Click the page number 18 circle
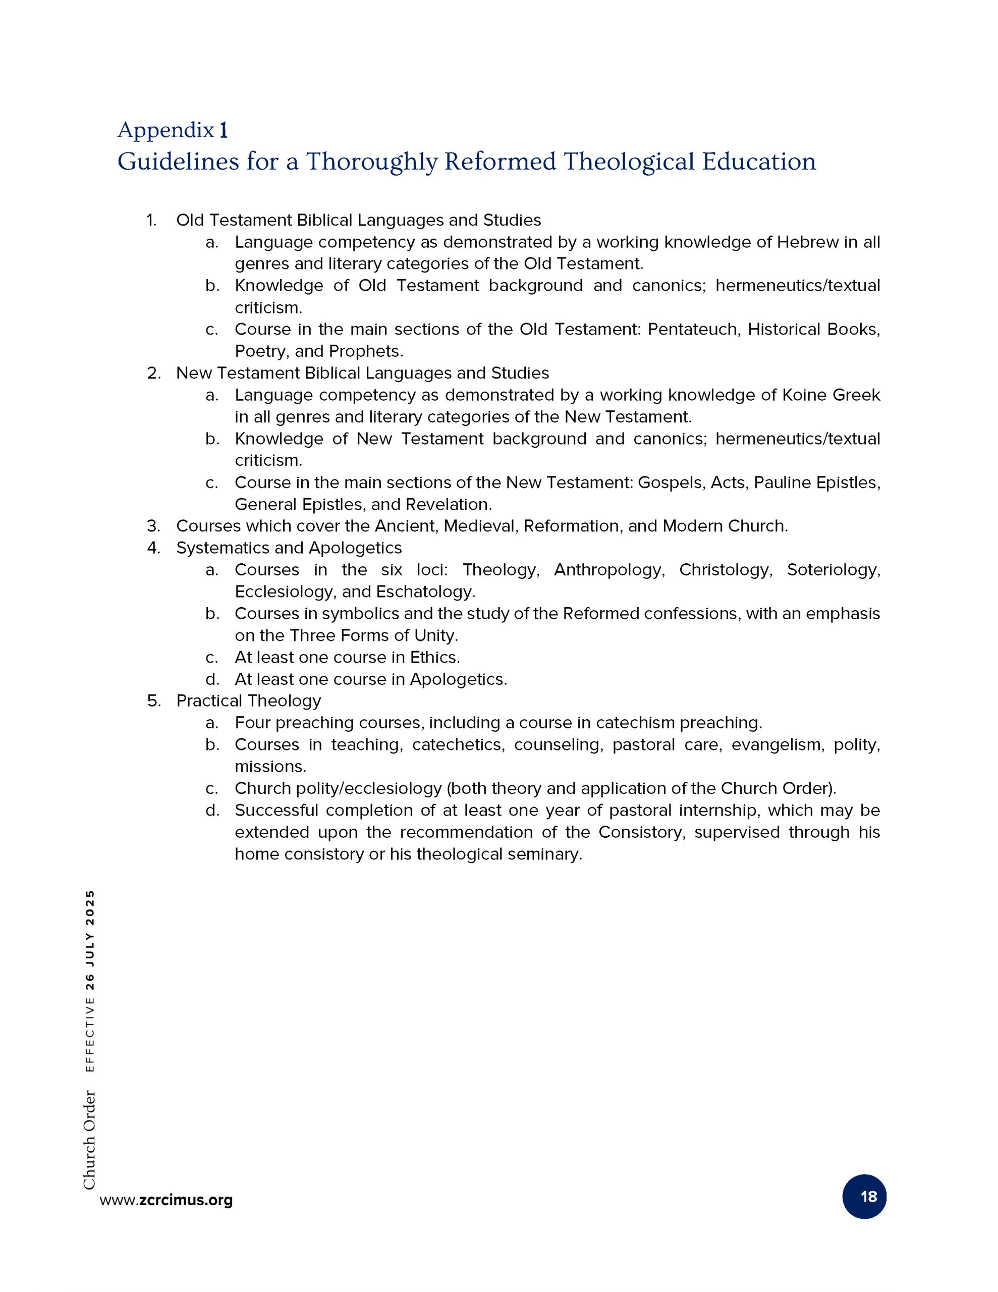coord(864,1196)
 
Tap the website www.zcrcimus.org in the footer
coord(166,1200)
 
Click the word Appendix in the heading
coord(165,130)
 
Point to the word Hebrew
coord(807,242)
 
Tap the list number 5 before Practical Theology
coord(154,701)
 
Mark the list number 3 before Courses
coord(154,526)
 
